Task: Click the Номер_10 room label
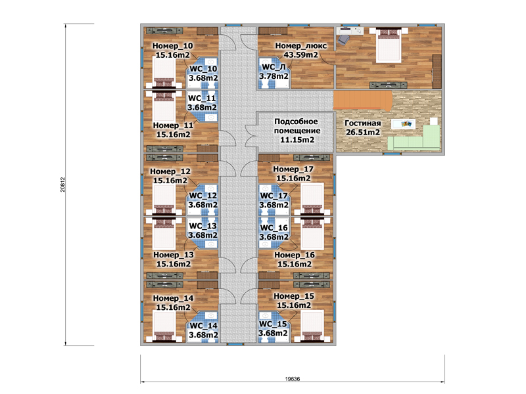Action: [x=173, y=45]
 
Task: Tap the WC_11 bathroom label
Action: [x=202, y=98]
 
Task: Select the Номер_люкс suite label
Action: [x=301, y=45]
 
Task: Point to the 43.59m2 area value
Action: [x=301, y=55]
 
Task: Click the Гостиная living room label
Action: [x=363, y=123]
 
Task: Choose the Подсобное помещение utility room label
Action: [x=297, y=126]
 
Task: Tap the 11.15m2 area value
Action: [x=297, y=139]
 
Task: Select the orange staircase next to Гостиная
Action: [x=363, y=100]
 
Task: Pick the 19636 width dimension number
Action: [x=293, y=379]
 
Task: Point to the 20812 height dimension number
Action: [x=62, y=185]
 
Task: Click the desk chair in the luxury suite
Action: [x=343, y=40]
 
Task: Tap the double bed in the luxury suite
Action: [x=389, y=45]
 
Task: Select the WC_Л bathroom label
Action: [x=274, y=67]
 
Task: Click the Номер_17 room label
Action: [x=293, y=169]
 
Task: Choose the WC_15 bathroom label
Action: [x=273, y=324]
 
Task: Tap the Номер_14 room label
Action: [x=173, y=298]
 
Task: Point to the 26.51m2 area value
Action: [x=363, y=132]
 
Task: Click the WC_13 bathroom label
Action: [x=203, y=226]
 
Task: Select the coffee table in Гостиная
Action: [x=403, y=124]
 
